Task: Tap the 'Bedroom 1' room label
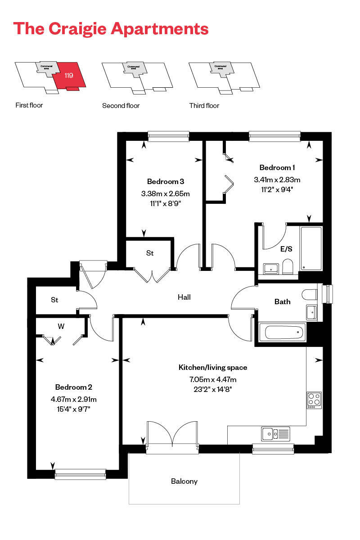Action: click(x=277, y=168)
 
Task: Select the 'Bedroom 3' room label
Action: click(x=166, y=182)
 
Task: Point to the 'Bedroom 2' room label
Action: click(x=74, y=387)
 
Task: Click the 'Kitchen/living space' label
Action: click(x=213, y=368)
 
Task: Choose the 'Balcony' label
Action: click(x=184, y=481)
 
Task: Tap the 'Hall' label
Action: click(x=184, y=297)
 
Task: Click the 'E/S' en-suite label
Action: click(x=286, y=248)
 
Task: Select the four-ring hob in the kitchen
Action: click(x=314, y=400)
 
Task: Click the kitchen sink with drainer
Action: click(x=275, y=434)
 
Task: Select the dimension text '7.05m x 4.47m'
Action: click(x=213, y=379)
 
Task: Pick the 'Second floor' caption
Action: click(x=121, y=106)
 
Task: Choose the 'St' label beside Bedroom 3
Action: click(x=150, y=254)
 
